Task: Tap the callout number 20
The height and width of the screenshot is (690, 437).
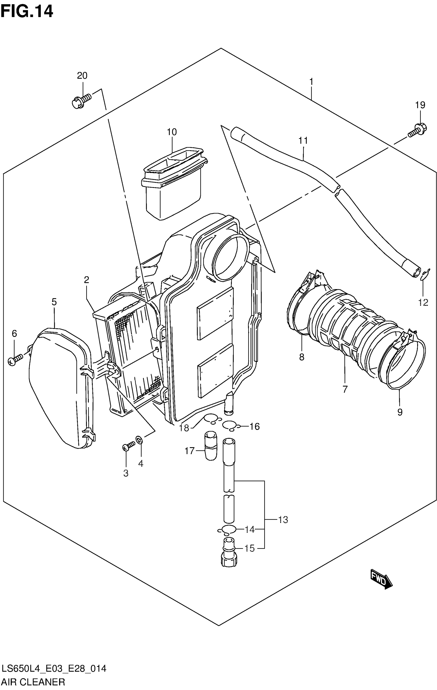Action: tap(82, 76)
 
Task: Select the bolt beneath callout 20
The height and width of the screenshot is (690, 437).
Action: tap(81, 100)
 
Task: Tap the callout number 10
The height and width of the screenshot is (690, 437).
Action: tap(172, 132)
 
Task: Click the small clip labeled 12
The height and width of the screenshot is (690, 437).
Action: tap(425, 275)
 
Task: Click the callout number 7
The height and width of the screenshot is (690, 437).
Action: tap(345, 389)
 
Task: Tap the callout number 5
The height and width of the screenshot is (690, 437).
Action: tap(54, 302)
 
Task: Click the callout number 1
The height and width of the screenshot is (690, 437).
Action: tap(311, 82)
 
